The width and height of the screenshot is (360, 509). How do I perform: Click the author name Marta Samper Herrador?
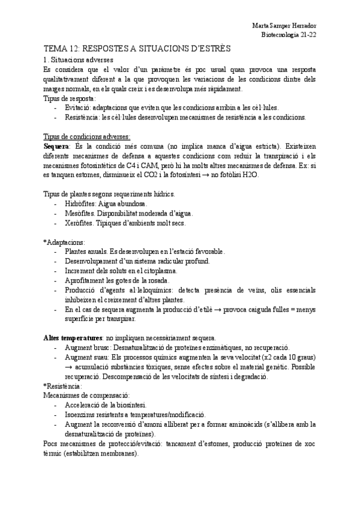(284, 26)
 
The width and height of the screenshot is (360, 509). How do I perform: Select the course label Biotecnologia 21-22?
(290, 35)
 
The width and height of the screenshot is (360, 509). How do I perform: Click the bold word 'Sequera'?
(57, 146)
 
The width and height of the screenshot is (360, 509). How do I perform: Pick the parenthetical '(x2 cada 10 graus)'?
(284, 357)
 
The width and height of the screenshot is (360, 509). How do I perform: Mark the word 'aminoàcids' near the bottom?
(256, 424)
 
